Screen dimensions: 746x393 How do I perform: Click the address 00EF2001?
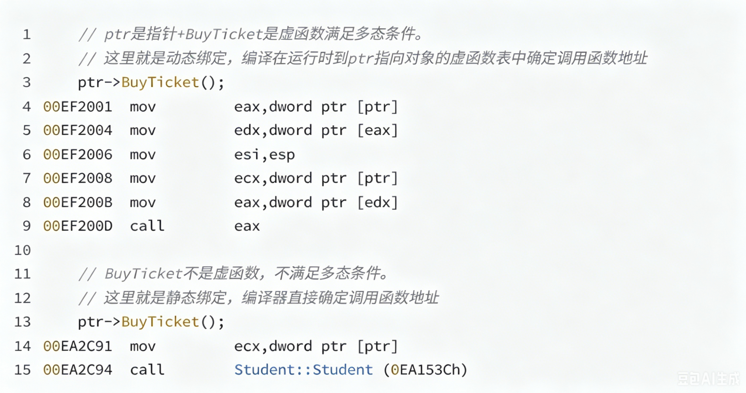pyautogui.click(x=78, y=107)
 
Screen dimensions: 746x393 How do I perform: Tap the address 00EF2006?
pyautogui.click(x=78, y=154)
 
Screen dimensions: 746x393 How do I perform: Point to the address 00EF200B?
pyautogui.click(x=78, y=202)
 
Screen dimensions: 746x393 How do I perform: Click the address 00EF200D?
pyautogui.click(x=78, y=226)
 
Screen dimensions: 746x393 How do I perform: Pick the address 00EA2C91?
pyautogui.click(x=78, y=346)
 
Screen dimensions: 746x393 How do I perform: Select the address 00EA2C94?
pyautogui.click(x=78, y=370)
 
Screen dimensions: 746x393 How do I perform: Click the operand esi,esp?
pyautogui.click(x=264, y=155)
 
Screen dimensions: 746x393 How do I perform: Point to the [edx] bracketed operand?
pyautogui.click(x=378, y=202)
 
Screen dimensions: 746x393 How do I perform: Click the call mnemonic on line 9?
pyautogui.click(x=147, y=226)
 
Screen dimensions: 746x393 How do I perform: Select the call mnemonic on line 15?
pyautogui.click(x=147, y=369)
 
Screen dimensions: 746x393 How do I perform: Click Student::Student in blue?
pyautogui.click(x=304, y=370)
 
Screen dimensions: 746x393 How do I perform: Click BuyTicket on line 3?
pyautogui.click(x=160, y=83)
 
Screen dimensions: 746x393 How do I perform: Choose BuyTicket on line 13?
pyautogui.click(x=160, y=322)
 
